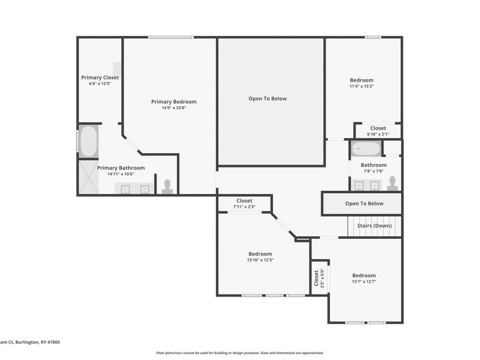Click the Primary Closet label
click(x=100, y=77)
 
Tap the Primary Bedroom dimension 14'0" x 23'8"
click(x=173, y=108)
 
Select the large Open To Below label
click(x=268, y=98)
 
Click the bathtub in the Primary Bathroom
click(x=88, y=141)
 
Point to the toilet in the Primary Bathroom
click(x=167, y=186)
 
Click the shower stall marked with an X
click(x=88, y=177)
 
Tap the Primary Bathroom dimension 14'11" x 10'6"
click(x=121, y=174)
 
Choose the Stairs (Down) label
click(x=374, y=226)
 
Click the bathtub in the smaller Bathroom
click(x=365, y=149)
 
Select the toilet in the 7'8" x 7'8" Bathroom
click(x=392, y=183)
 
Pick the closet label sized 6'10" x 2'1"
click(x=377, y=134)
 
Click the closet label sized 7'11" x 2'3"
click(x=244, y=207)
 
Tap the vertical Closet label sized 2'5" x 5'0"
click(x=319, y=277)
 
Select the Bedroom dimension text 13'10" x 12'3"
click(x=260, y=260)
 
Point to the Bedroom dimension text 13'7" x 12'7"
click(x=364, y=281)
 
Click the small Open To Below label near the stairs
click(x=364, y=203)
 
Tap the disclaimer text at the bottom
click(x=240, y=353)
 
